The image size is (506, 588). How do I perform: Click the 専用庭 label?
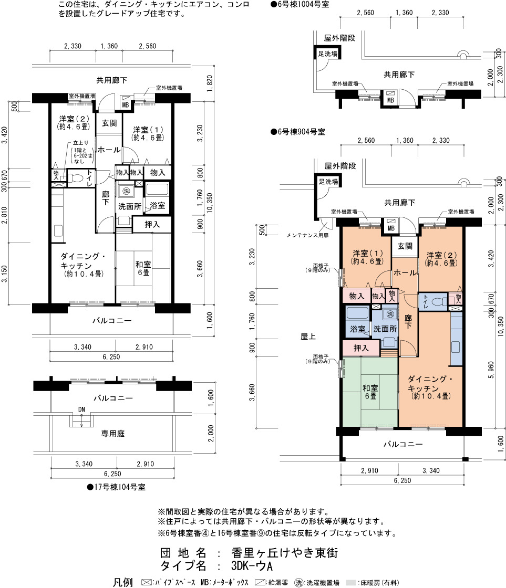pyautogui.click(x=112, y=434)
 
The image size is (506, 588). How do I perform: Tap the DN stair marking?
pyautogui.click(x=81, y=409)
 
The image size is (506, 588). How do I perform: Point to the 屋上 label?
pyautogui.click(x=308, y=337)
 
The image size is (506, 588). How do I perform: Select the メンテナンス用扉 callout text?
pyautogui.click(x=307, y=236)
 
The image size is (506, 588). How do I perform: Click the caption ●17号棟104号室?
pyautogui.click(x=116, y=487)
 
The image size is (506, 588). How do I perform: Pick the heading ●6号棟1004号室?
pyautogui.click(x=300, y=5)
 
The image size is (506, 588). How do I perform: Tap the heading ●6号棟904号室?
pyautogui.click(x=298, y=132)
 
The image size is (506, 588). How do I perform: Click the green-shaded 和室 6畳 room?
pyautogui.click(x=370, y=392)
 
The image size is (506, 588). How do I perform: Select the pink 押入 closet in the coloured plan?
pyautogui.click(x=361, y=348)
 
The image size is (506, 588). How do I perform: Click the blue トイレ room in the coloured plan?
pyautogui.click(x=433, y=301)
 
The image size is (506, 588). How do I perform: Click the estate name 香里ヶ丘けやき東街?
pyautogui.click(x=285, y=553)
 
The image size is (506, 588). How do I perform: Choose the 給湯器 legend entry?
pyautogui.click(x=272, y=582)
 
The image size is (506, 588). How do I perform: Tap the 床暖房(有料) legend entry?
pyautogui.click(x=373, y=582)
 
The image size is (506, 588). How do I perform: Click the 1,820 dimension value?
pyautogui.click(x=210, y=83)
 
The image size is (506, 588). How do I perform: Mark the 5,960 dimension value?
pyautogui.click(x=491, y=370)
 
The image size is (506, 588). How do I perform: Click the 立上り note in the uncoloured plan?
pyautogui.click(x=81, y=142)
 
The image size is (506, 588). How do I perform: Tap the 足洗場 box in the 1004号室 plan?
pyautogui.click(x=327, y=54)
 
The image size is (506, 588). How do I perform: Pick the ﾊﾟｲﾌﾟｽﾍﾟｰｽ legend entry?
pyautogui.click(x=169, y=582)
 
